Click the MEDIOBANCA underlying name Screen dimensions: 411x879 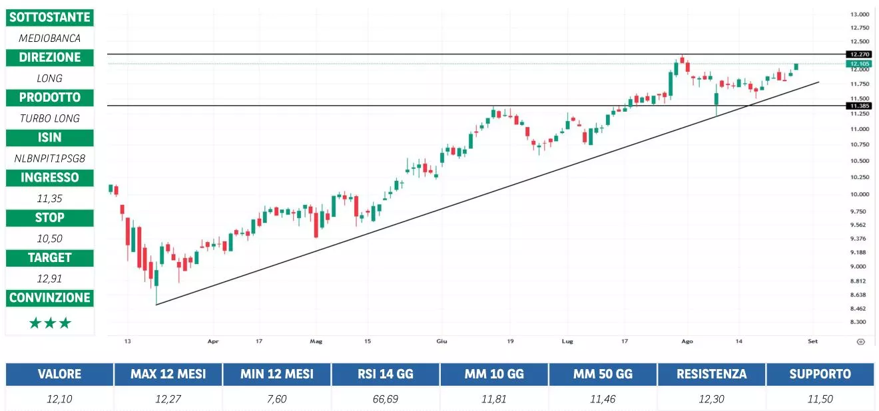click(x=49, y=38)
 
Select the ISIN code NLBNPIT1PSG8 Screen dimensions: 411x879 click(x=49, y=158)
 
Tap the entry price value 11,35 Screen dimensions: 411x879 click(x=49, y=198)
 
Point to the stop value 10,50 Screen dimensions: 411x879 click(x=49, y=238)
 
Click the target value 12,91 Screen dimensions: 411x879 click(x=49, y=278)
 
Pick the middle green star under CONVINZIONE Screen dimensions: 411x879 click(x=50, y=323)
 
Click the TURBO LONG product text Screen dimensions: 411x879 click(x=49, y=118)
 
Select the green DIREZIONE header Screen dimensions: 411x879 click(x=49, y=57)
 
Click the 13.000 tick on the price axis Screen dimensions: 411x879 click(x=859, y=15)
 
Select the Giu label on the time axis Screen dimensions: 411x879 click(x=441, y=341)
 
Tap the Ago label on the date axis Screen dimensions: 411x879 click(x=687, y=341)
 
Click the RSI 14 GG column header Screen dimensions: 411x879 click(x=386, y=374)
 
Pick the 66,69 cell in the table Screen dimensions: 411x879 click(x=386, y=399)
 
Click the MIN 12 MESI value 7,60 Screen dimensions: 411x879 click(x=277, y=399)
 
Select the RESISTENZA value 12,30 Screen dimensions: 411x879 click(x=711, y=399)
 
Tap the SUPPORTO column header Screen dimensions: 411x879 click(x=820, y=374)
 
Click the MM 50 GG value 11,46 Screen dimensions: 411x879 click(x=603, y=399)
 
